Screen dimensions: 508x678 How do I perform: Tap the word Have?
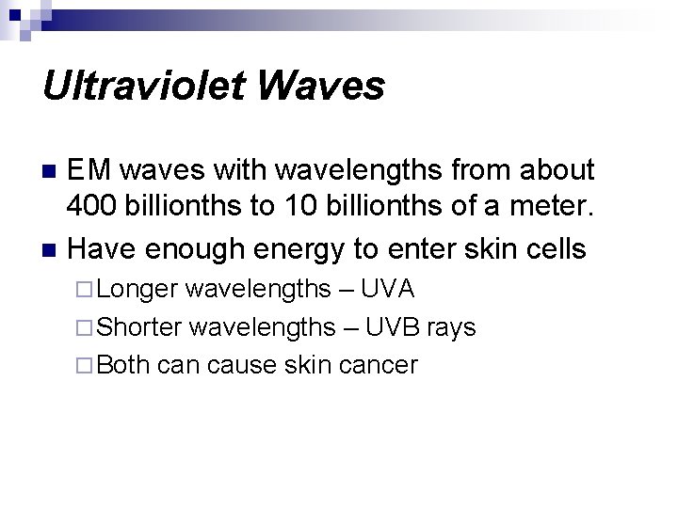[102, 249]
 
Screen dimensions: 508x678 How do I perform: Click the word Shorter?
[141, 326]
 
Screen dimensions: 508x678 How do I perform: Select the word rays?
[454, 326]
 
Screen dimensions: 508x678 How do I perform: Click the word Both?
[124, 364]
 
